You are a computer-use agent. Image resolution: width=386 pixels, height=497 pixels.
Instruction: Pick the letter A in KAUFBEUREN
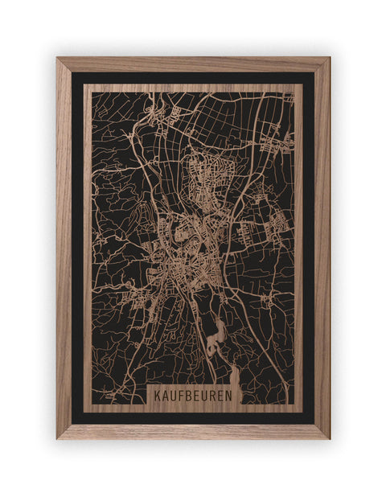(166, 396)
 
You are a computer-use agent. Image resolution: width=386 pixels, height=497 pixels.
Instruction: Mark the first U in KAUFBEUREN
(172, 396)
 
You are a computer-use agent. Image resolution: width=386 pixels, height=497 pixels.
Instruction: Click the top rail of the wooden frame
(193, 64)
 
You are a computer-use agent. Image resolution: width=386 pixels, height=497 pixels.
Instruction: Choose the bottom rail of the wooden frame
(193, 431)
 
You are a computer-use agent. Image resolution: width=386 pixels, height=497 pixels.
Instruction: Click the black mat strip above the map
(193, 78)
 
